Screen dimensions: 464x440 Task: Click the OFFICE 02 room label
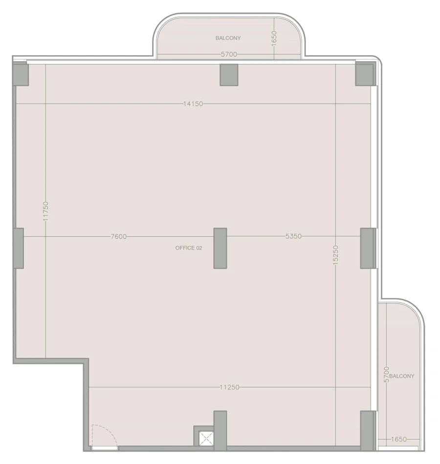click(x=189, y=248)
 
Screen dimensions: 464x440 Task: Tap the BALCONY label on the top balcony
click(x=228, y=38)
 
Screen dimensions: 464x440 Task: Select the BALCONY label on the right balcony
click(x=402, y=376)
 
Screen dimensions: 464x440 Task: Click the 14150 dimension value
click(x=193, y=104)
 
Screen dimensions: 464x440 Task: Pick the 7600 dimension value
click(x=119, y=236)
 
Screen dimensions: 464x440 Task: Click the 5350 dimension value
click(x=293, y=236)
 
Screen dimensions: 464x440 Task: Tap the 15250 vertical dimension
click(x=335, y=254)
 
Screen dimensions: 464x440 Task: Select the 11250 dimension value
click(x=229, y=387)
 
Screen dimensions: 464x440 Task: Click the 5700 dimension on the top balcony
click(x=229, y=55)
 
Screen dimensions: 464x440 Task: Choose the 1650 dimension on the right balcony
click(x=399, y=440)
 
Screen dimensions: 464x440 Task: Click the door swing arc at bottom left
click(x=102, y=435)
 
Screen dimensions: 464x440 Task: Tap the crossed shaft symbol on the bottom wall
click(x=206, y=437)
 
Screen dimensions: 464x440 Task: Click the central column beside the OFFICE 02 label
click(x=220, y=248)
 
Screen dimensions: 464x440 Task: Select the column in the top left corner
click(x=20, y=74)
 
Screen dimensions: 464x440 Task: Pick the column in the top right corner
click(x=365, y=74)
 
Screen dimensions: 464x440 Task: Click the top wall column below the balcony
click(x=229, y=75)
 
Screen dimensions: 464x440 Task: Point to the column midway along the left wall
click(x=18, y=248)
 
